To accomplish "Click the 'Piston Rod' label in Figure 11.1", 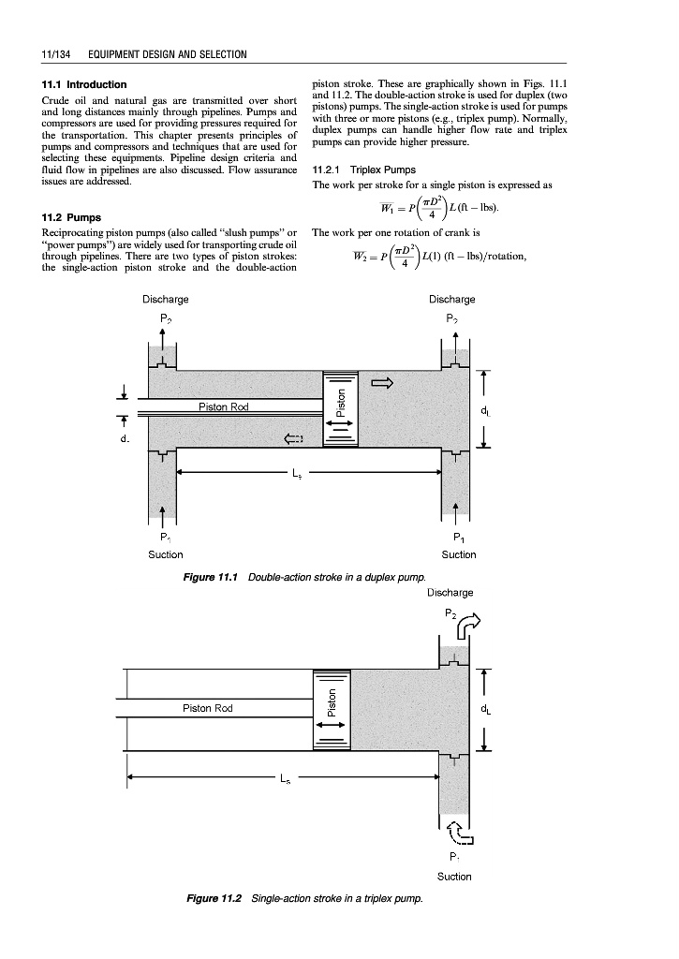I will (225, 406).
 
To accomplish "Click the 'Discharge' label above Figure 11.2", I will (450, 593).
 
